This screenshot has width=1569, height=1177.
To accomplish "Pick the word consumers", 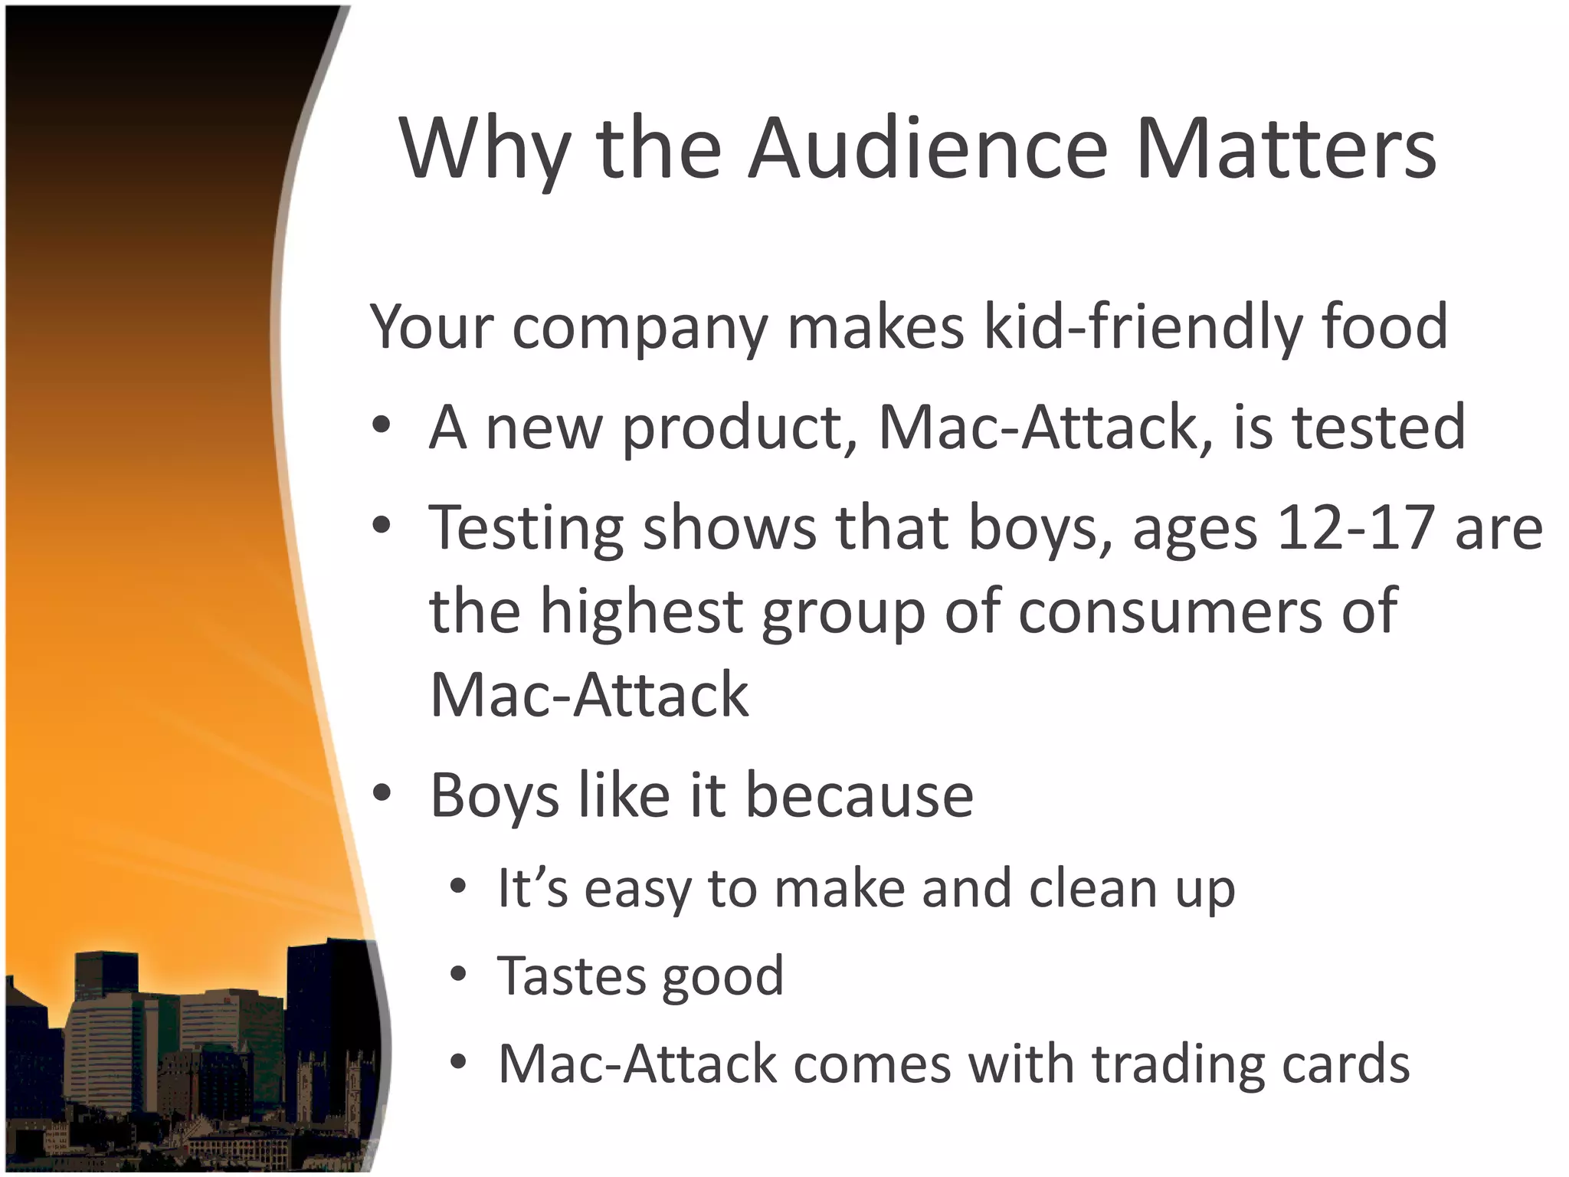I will (1169, 611).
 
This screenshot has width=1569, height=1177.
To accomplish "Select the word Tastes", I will (572, 975).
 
